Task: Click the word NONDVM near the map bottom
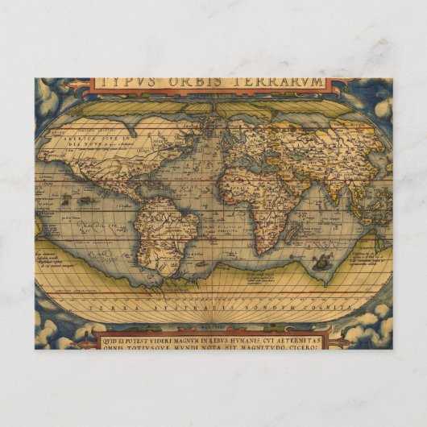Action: tap(274, 308)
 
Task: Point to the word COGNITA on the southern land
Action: tap(331, 308)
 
